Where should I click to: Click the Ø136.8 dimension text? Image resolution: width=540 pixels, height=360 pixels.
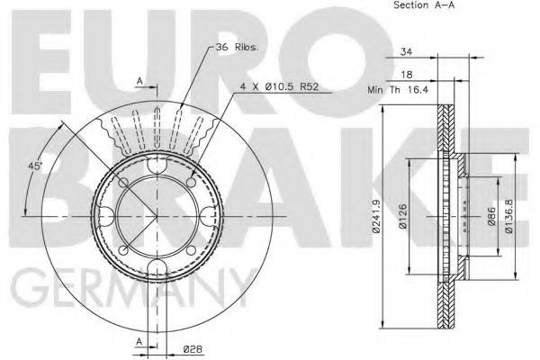tap(509, 217)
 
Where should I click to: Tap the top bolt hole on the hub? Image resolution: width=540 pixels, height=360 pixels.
tap(158, 170)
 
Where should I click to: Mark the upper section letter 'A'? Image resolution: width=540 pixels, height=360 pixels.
tap(139, 82)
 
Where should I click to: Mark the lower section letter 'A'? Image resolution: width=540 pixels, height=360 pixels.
tap(139, 342)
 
